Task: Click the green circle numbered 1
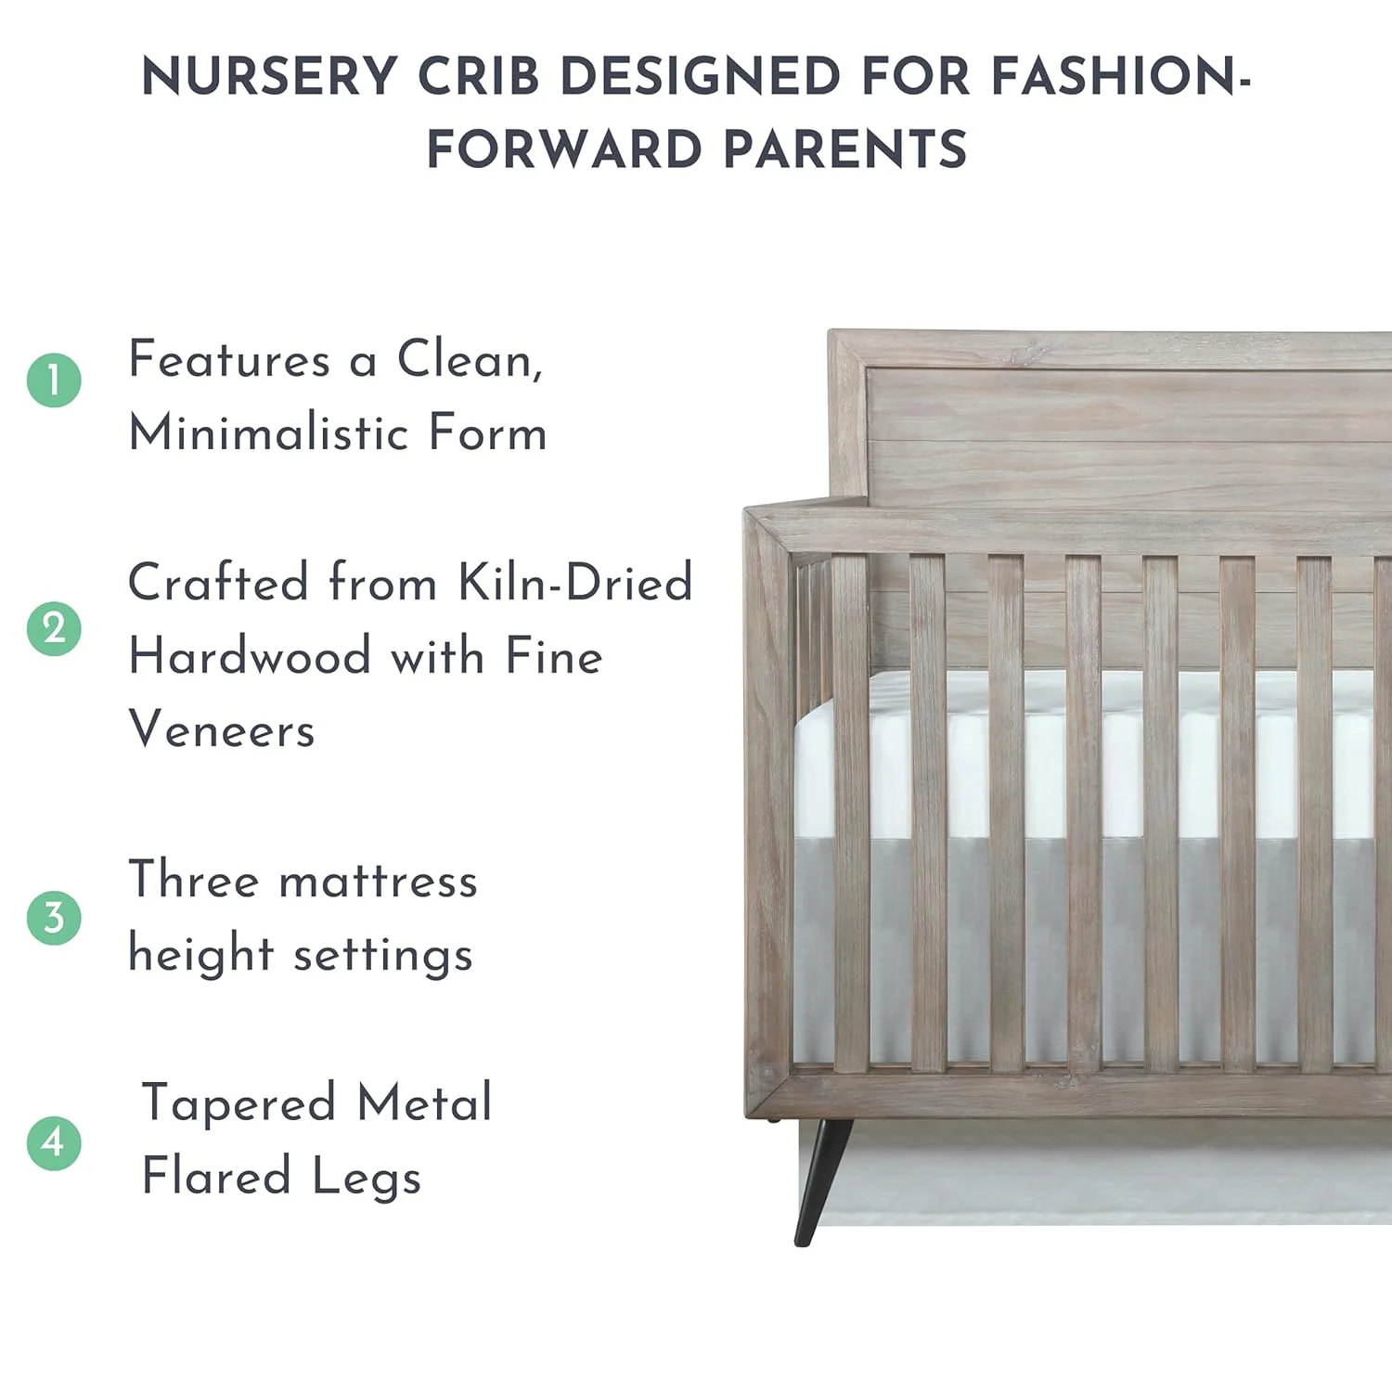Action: pos(54,380)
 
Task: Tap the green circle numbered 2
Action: pos(54,628)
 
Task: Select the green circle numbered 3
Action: pos(54,918)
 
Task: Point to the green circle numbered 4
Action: pos(54,1142)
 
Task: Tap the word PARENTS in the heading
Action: pos(845,149)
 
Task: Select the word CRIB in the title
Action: pos(479,76)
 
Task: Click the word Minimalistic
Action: pos(269,433)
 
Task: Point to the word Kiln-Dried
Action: pos(575,583)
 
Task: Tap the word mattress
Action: pos(379,881)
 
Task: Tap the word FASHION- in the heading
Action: pos(1121,76)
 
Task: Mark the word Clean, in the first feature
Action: pos(470,360)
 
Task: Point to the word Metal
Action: pos(425,1103)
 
